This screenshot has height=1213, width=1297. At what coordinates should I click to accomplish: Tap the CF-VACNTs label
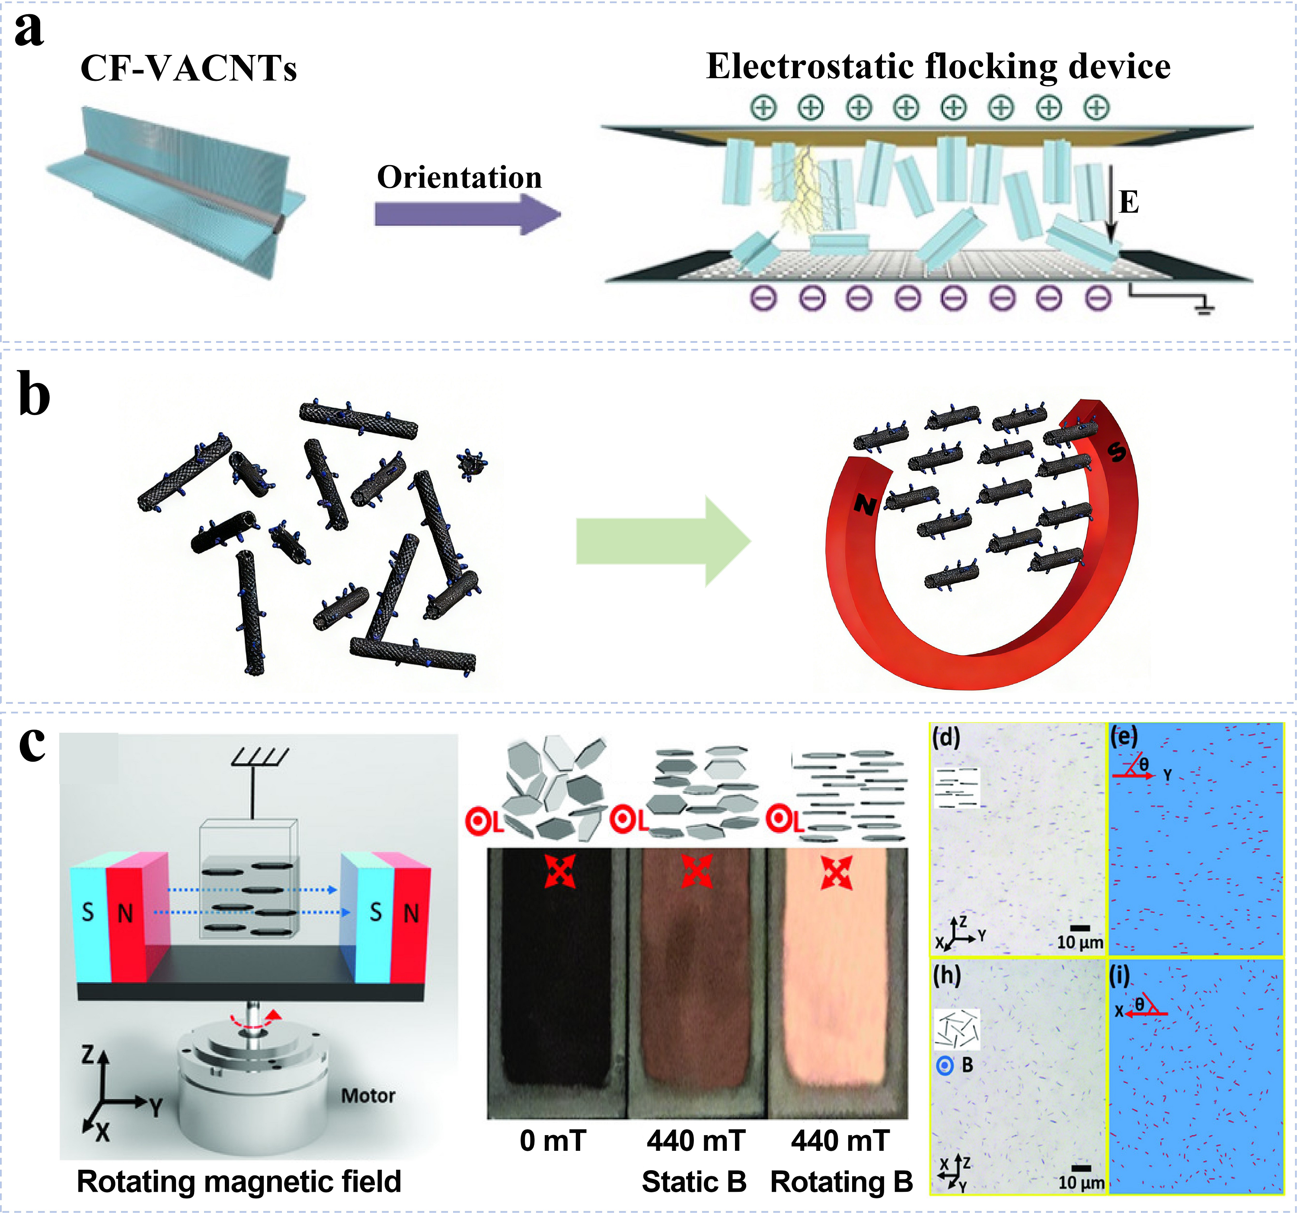(x=188, y=68)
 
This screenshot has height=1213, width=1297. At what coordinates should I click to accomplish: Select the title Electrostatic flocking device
(x=938, y=67)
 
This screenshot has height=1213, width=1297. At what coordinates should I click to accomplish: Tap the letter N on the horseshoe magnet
(x=865, y=504)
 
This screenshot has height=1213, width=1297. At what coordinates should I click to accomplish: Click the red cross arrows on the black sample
(x=560, y=872)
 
